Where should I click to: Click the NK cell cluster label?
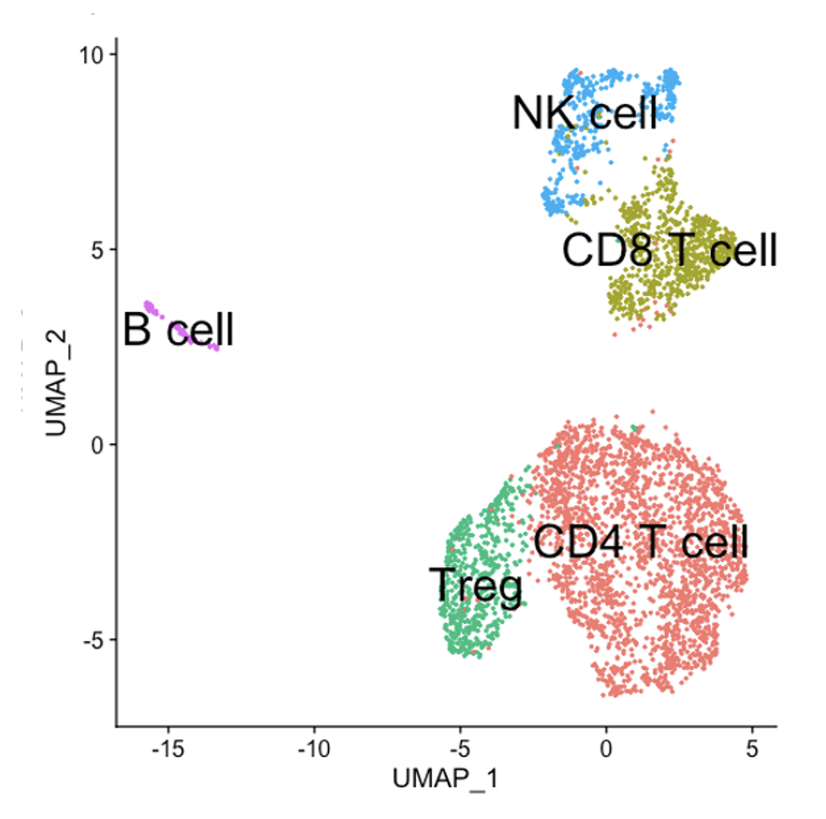584,112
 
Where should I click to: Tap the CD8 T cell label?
670,250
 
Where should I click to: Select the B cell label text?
178,331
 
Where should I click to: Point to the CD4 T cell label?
642,542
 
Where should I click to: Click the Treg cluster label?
476,586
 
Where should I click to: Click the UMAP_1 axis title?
446,778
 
